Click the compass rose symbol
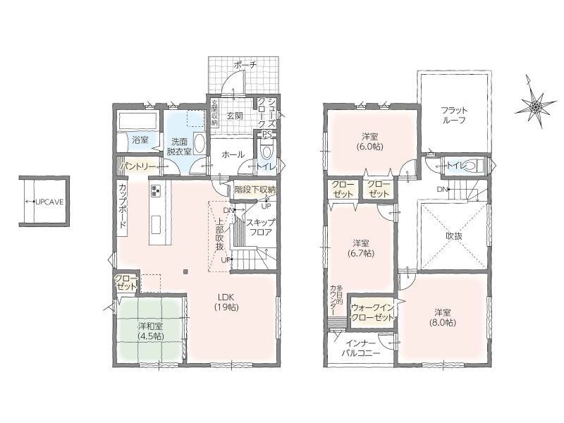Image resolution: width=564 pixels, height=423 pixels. click(535, 105)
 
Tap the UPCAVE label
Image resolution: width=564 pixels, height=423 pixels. click(49, 202)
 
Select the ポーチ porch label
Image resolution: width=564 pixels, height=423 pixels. click(245, 65)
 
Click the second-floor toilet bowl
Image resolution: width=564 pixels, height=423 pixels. click(471, 166)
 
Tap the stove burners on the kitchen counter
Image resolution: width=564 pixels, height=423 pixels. click(157, 190)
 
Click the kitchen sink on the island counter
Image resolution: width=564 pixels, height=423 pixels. click(157, 226)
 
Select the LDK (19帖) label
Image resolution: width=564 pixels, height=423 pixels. click(227, 302)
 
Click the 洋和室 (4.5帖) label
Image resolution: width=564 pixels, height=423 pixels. click(151, 331)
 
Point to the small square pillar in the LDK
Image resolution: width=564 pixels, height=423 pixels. click(185, 271)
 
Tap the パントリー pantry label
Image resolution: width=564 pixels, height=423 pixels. click(138, 166)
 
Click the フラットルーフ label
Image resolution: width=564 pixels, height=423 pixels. click(453, 115)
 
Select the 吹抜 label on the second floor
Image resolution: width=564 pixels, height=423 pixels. click(454, 236)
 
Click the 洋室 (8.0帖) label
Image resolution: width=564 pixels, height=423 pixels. click(443, 317)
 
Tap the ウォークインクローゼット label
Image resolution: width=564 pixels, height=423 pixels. click(373, 312)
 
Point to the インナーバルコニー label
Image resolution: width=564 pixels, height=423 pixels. click(361, 348)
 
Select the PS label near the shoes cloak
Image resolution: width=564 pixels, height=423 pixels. click(266, 135)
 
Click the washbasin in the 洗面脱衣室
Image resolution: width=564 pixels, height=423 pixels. click(200, 145)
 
